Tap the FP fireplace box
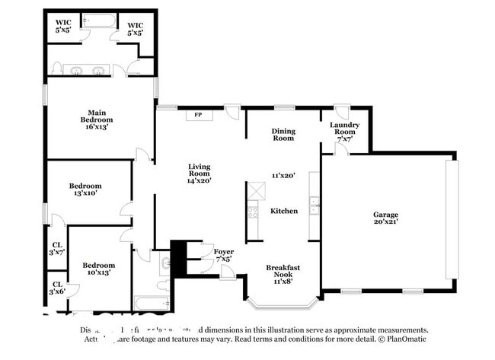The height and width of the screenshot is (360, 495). (199, 115)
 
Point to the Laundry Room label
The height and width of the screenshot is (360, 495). (345, 132)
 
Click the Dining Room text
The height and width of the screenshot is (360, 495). (283, 135)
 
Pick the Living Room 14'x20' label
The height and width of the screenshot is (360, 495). (200, 174)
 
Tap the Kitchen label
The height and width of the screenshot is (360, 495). (284, 211)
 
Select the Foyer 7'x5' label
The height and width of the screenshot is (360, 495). (222, 255)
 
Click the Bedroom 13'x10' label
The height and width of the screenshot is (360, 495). (85, 190)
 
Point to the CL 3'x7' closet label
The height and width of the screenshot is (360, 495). (57, 247)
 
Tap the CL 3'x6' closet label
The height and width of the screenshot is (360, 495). (57, 288)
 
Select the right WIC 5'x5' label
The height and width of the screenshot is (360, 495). (136, 29)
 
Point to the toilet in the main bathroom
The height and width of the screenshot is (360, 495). (56, 70)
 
